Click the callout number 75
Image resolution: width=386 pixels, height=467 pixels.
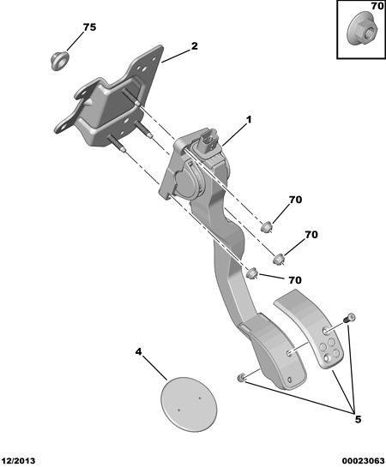click(90, 27)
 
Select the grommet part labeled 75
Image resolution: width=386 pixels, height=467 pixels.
click(59, 61)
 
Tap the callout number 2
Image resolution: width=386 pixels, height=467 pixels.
click(195, 46)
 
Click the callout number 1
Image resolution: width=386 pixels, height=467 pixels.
click(249, 120)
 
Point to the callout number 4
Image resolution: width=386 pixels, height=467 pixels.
click(139, 352)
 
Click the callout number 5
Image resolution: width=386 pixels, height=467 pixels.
click(358, 419)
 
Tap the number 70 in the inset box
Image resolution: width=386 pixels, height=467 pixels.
click(377, 6)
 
